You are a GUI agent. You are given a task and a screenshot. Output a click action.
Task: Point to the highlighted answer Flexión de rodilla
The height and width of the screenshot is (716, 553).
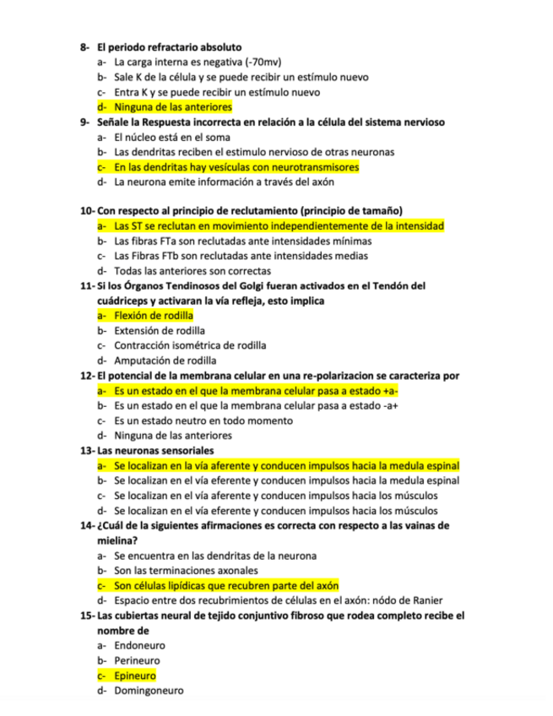[x=154, y=316]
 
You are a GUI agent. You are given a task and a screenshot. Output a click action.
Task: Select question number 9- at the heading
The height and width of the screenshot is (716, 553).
[x=85, y=122]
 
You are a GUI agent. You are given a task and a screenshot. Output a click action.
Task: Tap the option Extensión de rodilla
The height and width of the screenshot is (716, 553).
[x=160, y=331]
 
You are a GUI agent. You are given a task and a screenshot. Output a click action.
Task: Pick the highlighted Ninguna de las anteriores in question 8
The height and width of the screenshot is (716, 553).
[x=173, y=107]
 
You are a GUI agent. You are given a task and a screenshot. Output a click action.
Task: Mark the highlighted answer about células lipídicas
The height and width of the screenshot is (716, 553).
[x=226, y=585]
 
